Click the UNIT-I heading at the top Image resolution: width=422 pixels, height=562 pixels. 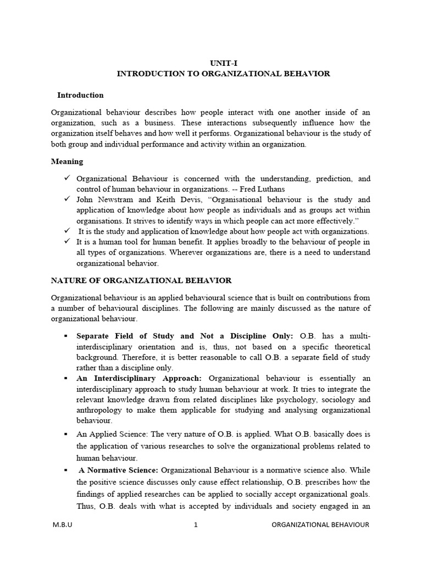coord(223,63)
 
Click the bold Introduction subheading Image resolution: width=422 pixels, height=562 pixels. coord(80,95)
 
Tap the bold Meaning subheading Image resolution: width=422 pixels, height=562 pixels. coord(67,161)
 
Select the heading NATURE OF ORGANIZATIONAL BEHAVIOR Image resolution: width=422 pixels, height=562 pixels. coord(141,280)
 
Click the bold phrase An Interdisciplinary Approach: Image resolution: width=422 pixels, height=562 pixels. coord(140,379)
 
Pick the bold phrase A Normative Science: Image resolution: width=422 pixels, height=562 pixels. coord(119,470)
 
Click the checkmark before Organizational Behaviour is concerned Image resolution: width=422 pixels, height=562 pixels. coord(67,179)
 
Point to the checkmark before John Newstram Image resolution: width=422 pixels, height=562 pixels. coord(67,200)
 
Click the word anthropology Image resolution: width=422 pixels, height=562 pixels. coord(101,410)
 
